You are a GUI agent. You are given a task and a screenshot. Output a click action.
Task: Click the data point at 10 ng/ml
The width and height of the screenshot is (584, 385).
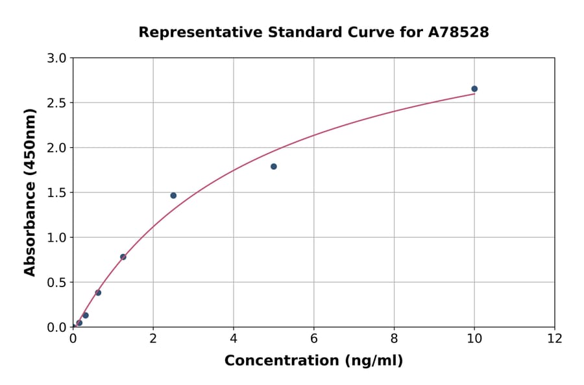coord(474,89)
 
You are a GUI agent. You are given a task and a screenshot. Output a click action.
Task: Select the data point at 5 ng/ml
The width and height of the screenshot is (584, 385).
coord(274,167)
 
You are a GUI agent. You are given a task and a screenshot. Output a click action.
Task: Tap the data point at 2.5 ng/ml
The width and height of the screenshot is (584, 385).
coord(173,196)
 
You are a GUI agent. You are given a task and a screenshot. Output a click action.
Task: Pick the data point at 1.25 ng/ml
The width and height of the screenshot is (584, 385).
coord(123,257)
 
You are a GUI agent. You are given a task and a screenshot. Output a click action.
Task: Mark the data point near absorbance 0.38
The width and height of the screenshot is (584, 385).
coord(98,292)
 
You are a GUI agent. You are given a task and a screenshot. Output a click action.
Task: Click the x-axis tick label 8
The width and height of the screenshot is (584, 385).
coord(394,338)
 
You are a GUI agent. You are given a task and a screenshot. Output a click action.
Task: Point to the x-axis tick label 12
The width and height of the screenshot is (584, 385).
coord(555,338)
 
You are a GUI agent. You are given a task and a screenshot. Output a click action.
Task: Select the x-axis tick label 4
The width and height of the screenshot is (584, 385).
coord(234,338)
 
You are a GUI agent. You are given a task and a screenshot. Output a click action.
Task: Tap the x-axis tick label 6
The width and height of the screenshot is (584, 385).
coord(314,338)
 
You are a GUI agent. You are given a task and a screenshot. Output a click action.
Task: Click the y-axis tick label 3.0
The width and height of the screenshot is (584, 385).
coord(57,58)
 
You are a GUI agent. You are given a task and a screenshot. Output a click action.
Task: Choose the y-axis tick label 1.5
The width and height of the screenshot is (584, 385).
coord(57,192)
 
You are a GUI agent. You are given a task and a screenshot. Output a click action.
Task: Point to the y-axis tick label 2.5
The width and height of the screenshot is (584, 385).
coord(57,103)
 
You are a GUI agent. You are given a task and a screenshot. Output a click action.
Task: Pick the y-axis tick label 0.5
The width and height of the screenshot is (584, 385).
coord(57,283)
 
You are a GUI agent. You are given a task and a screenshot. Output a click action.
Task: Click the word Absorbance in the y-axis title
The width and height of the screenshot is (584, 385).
coord(30,220)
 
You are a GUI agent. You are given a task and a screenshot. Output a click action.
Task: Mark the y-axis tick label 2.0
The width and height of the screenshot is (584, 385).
coord(57,148)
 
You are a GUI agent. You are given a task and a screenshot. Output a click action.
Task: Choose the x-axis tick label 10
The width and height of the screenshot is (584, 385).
coord(474,338)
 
